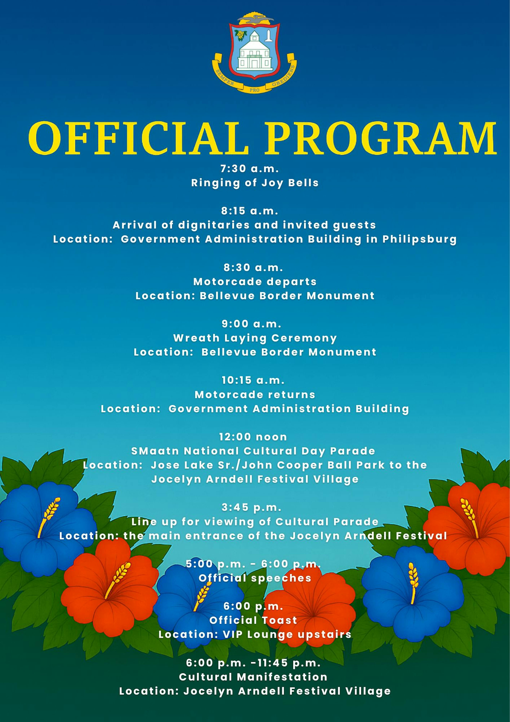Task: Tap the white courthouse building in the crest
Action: click(x=254, y=52)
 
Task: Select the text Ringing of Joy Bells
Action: click(x=255, y=183)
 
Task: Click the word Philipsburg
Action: click(x=419, y=239)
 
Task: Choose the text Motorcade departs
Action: click(x=255, y=282)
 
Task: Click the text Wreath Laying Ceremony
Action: click(x=255, y=338)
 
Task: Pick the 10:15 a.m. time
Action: click(x=253, y=380)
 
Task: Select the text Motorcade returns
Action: click(x=255, y=395)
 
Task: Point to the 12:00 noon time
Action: click(x=253, y=437)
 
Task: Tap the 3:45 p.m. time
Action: click(x=251, y=508)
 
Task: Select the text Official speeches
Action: click(x=255, y=578)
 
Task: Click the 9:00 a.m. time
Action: click(x=251, y=324)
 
